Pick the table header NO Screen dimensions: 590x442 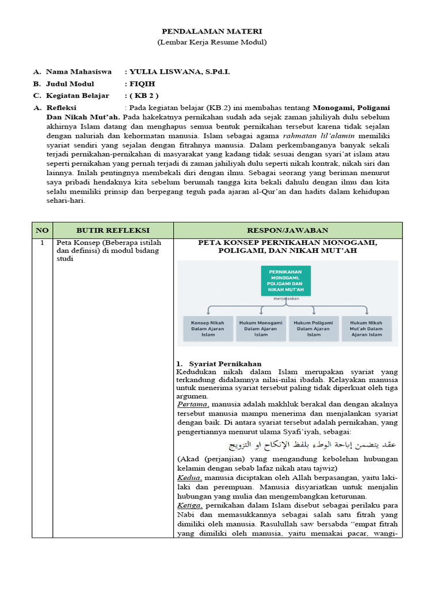pos(42,230)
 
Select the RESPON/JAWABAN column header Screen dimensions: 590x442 pos(287,230)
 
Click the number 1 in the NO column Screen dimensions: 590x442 pos(42,243)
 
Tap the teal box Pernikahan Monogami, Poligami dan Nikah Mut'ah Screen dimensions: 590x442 pos(285,281)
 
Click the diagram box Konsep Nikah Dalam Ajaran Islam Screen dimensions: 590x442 pos(207,328)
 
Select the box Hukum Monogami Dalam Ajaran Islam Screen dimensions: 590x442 pos(261,328)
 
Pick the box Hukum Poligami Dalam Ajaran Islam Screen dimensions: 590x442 pos(314,328)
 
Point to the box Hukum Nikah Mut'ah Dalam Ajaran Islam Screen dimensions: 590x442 pos(367,328)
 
